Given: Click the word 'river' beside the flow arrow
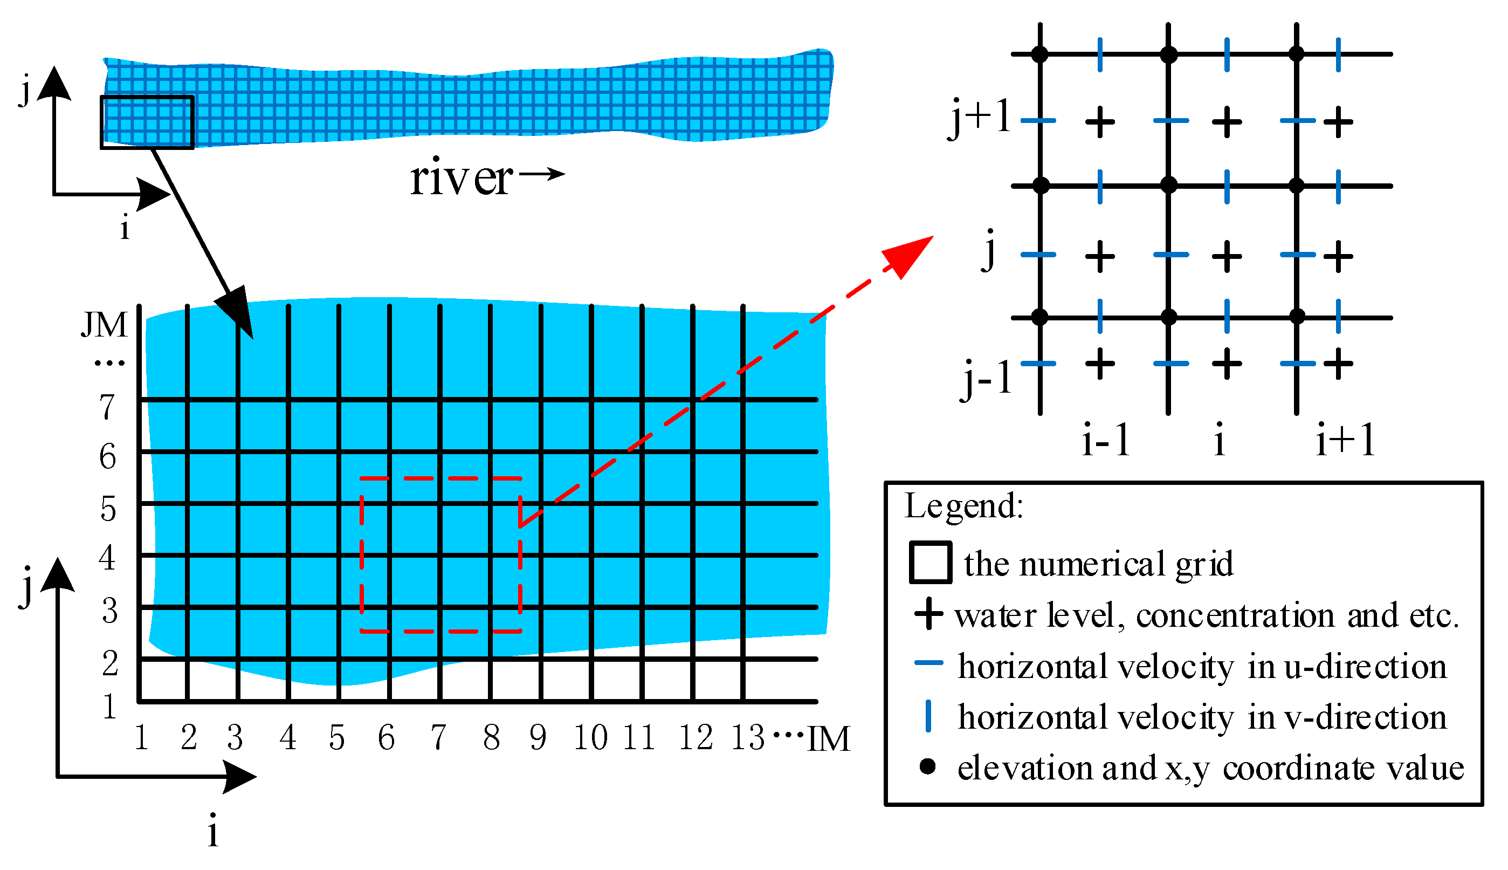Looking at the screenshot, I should point(460,179).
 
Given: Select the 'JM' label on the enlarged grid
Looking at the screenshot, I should point(105,325).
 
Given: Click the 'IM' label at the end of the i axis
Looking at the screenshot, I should point(828,739).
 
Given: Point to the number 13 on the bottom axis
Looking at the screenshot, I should point(748,737).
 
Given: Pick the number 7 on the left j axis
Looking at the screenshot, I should point(107,408).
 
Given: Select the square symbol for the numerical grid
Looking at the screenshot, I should point(931,562).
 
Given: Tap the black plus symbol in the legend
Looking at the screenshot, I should point(929,615).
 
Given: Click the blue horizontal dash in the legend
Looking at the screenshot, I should point(929,663).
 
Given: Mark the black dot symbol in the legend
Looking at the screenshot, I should point(927,766).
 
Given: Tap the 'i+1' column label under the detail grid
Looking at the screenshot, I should point(1346,441).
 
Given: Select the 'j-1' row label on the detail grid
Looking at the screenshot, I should point(987,379).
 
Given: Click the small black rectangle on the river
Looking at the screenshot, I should point(147,122).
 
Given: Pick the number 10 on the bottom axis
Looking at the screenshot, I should point(591,737).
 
